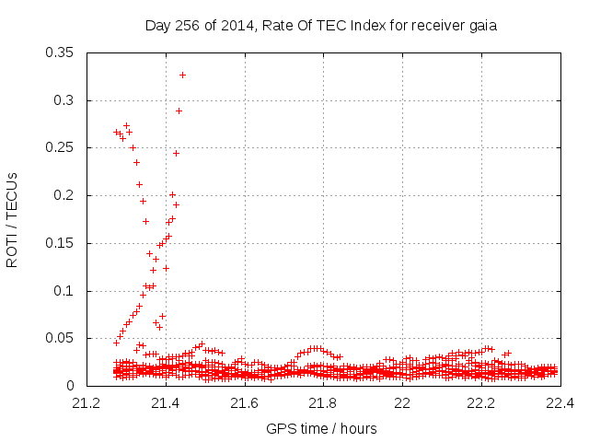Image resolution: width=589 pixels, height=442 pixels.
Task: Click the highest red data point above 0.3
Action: (182, 75)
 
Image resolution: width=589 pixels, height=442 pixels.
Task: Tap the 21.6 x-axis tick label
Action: (244, 403)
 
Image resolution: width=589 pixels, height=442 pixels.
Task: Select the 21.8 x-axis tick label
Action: (323, 403)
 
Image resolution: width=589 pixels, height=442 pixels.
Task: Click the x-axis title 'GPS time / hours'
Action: (321, 428)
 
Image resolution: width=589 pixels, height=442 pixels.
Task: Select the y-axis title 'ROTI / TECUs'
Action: (13, 219)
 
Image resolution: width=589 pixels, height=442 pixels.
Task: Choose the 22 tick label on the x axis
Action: (402, 403)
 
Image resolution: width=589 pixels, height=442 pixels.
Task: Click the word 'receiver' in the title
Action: (437, 26)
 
